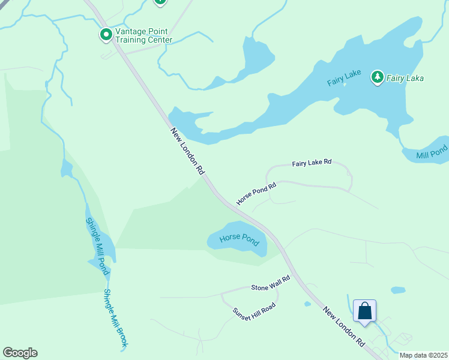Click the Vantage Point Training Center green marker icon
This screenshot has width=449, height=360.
point(106,35)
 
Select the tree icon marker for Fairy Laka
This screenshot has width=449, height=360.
point(377,77)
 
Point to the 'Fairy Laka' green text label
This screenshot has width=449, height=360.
point(405,78)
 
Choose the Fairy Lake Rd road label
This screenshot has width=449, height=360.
point(312,163)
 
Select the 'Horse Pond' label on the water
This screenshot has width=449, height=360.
point(239,238)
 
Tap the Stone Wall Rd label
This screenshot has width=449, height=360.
point(271,282)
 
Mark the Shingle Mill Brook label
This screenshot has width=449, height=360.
point(116,319)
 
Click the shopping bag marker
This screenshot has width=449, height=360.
point(364,311)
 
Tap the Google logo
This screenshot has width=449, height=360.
point(20,353)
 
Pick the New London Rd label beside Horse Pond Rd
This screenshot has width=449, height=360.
point(187,151)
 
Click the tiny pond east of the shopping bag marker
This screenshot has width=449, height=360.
point(398,290)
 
